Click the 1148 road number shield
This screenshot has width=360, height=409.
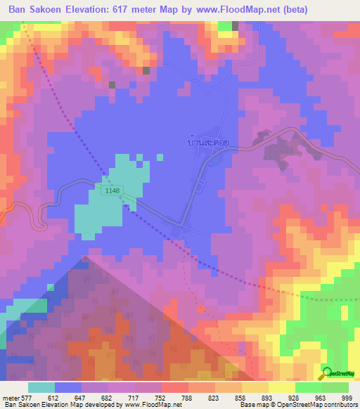point(111,190)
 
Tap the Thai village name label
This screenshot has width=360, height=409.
point(209,141)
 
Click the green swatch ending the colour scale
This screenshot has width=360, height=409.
point(335,387)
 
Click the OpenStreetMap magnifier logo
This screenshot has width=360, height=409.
point(326,374)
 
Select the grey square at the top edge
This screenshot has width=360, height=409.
point(235,26)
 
